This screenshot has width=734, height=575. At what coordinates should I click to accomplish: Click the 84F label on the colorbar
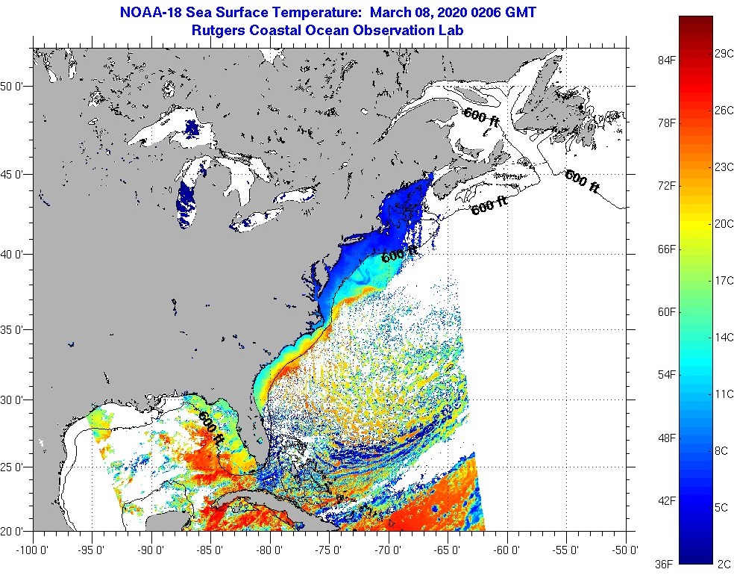coord(666,60)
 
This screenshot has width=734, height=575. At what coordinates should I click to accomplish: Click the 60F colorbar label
coord(666,311)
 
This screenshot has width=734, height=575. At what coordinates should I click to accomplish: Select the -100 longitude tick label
coord(33,550)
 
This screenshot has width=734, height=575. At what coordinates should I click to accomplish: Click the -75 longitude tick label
coord(330,550)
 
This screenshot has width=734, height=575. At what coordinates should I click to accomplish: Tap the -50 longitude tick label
coord(626,550)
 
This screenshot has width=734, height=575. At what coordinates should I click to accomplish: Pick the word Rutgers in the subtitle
coord(221,31)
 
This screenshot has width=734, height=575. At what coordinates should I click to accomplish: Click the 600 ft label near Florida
coord(210,427)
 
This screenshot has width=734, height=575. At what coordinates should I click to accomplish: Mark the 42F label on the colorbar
coord(666,500)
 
